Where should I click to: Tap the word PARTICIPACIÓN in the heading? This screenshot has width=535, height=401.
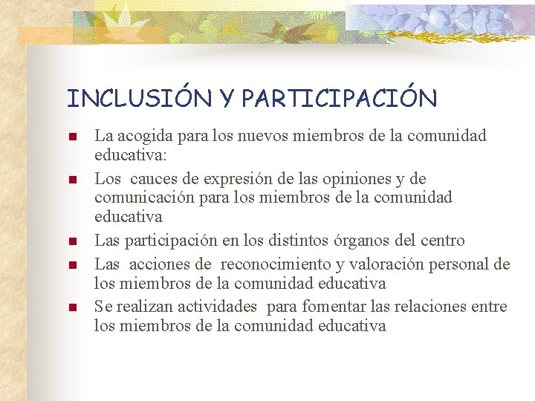click(x=340, y=98)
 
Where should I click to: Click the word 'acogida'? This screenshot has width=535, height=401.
click(x=140, y=137)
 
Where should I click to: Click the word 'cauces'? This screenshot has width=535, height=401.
click(x=154, y=179)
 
